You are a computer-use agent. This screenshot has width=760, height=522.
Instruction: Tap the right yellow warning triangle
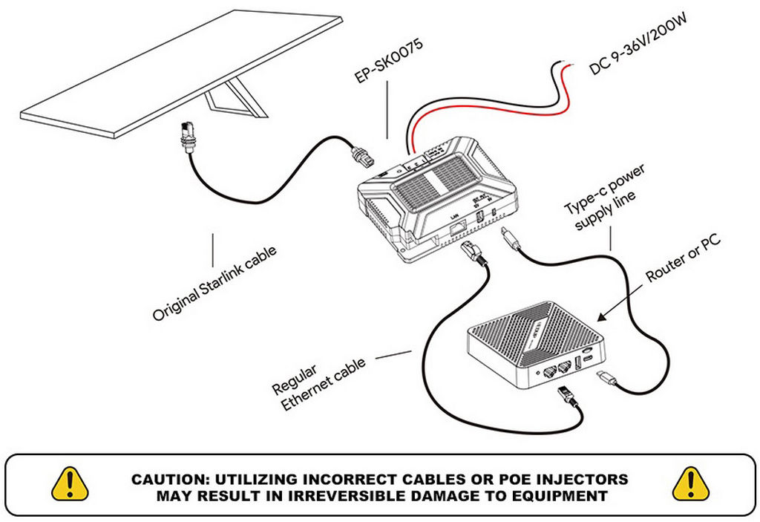tap(690, 483)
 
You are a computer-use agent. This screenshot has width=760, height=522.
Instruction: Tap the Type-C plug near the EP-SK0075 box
tap(511, 239)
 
